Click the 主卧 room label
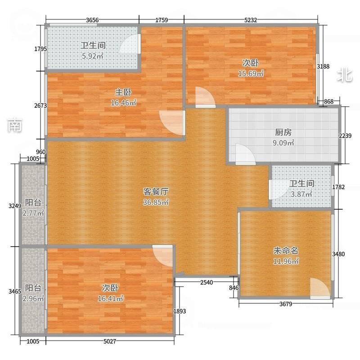pyautogui.click(x=123, y=92)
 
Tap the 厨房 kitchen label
pyautogui.click(x=283, y=132)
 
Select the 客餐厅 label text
pyautogui.click(x=156, y=191)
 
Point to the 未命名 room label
pyautogui.click(x=286, y=251)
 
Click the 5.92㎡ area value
pyautogui.click(x=93, y=56)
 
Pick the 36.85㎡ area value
pyautogui.click(x=156, y=202)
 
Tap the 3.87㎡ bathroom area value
pyautogui.click(x=301, y=194)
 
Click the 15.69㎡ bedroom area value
pyautogui.click(x=251, y=73)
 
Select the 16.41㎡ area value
pyautogui.click(x=110, y=298)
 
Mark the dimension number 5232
pyautogui.click(x=251, y=20)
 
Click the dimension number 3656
pyautogui.click(x=92, y=20)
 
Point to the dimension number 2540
pyautogui.click(x=207, y=283)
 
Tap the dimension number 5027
pyautogui.click(x=110, y=342)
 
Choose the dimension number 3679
pyautogui.click(x=286, y=304)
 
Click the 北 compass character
pyautogui.click(x=345, y=75)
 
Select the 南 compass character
pyautogui.click(x=15, y=125)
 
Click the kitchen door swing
pyautogui.click(x=245, y=154)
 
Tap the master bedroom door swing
pyautogui.click(x=172, y=123)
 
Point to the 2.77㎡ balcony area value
pyautogui.click(x=33, y=213)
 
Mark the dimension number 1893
pyautogui.click(x=180, y=311)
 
